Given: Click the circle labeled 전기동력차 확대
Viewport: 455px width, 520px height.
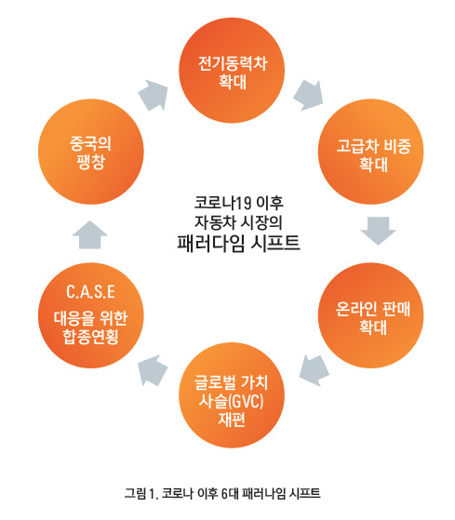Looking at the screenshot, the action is coord(232,71).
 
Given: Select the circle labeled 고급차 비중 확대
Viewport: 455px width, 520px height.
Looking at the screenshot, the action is coord(370,152).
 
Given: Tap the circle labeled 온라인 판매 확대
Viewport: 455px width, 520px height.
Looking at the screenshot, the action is coord(370,315).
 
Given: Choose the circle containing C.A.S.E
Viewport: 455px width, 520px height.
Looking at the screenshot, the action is coord(91,315).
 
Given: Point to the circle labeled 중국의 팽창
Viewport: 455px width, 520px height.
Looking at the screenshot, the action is coord(91,152).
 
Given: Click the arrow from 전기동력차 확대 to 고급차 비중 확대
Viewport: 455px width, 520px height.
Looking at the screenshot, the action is coord(309,95).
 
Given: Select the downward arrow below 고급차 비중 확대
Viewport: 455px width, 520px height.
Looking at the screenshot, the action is coord(379,231).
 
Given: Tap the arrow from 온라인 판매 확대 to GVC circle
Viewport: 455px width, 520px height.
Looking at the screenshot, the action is coord(314,370).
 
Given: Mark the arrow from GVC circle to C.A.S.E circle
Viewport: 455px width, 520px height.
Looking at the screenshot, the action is coord(153,370).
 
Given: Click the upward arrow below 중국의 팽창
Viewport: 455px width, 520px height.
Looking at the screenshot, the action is coord(90,234).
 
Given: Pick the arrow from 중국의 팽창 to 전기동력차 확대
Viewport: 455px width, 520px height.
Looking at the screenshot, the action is coord(154,95).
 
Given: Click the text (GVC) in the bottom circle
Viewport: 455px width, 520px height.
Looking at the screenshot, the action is coord(246,402).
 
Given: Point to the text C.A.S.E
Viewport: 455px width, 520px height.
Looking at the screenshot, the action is coord(90,292).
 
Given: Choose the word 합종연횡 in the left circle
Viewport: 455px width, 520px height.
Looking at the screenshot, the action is coord(90,337).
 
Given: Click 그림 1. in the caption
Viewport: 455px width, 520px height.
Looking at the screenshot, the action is coord(141,493).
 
